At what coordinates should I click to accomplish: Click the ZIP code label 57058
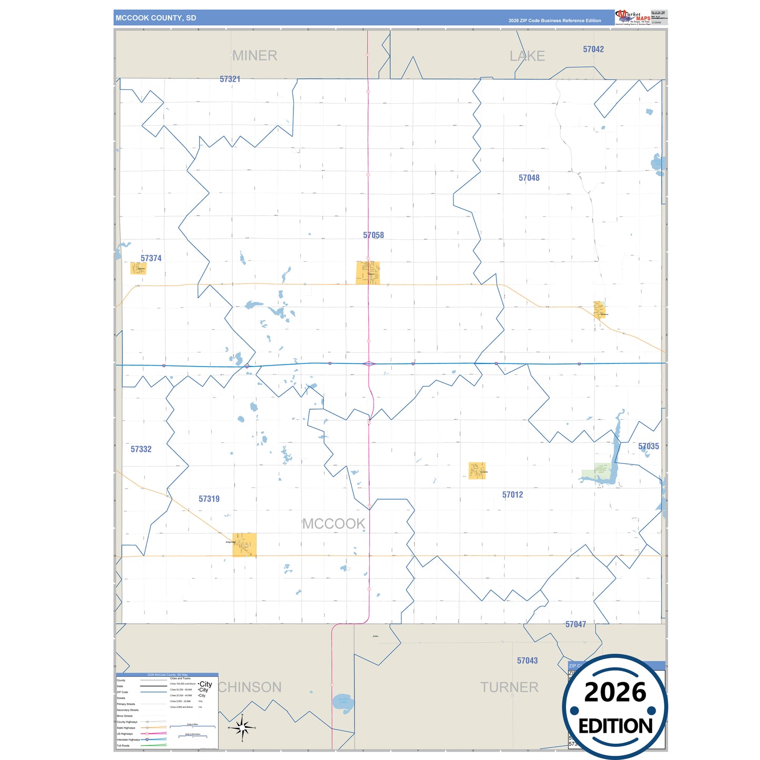pos(373,235)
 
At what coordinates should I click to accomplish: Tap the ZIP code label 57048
pos(529,178)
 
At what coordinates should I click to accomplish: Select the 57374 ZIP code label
pos(151,258)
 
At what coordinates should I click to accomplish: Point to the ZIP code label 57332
pos(141,449)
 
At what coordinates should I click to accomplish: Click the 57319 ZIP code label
pos(209,499)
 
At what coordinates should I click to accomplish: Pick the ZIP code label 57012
pos(512,494)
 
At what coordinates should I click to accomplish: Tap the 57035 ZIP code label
pos(648,446)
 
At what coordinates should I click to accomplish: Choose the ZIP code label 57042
pos(593,49)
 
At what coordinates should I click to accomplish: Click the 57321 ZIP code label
pos(230,79)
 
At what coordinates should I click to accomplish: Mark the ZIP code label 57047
pos(575,624)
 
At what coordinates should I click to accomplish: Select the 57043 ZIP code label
pos(527,661)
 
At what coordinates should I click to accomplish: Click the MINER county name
pos(255,55)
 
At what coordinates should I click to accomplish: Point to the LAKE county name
pos(527,56)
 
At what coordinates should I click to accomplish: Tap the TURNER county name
pos(509,687)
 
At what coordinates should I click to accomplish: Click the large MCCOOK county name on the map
pos(333,524)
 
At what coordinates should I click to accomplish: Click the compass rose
pos(242,728)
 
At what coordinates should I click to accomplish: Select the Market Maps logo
pos(633,17)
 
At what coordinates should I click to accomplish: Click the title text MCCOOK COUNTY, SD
pos(156,18)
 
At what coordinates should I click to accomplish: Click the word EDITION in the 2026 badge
pos(615,726)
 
